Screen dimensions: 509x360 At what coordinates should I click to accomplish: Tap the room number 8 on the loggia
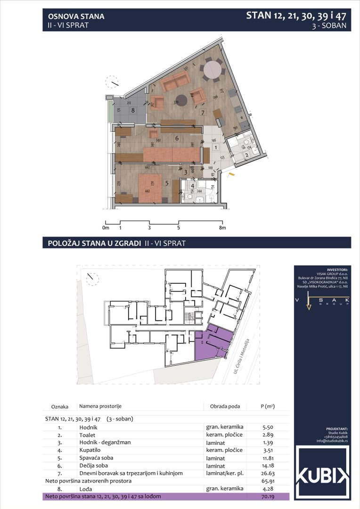[x=133, y=111]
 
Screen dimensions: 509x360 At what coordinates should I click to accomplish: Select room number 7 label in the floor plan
[x=202, y=113]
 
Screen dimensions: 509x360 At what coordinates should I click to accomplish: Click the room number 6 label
[x=176, y=139]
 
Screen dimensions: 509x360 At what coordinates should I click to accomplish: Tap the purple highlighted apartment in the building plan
[x=213, y=344]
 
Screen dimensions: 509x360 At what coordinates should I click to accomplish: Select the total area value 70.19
[x=269, y=496]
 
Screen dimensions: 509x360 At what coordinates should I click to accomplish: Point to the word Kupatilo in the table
[x=90, y=450]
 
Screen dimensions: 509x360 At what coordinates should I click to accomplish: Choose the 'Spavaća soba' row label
[x=96, y=458]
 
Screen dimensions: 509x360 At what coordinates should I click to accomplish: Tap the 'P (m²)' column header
[x=268, y=406]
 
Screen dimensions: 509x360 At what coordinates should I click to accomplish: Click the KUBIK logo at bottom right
[x=322, y=472]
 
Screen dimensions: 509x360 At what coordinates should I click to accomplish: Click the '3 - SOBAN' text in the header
[x=329, y=26]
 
